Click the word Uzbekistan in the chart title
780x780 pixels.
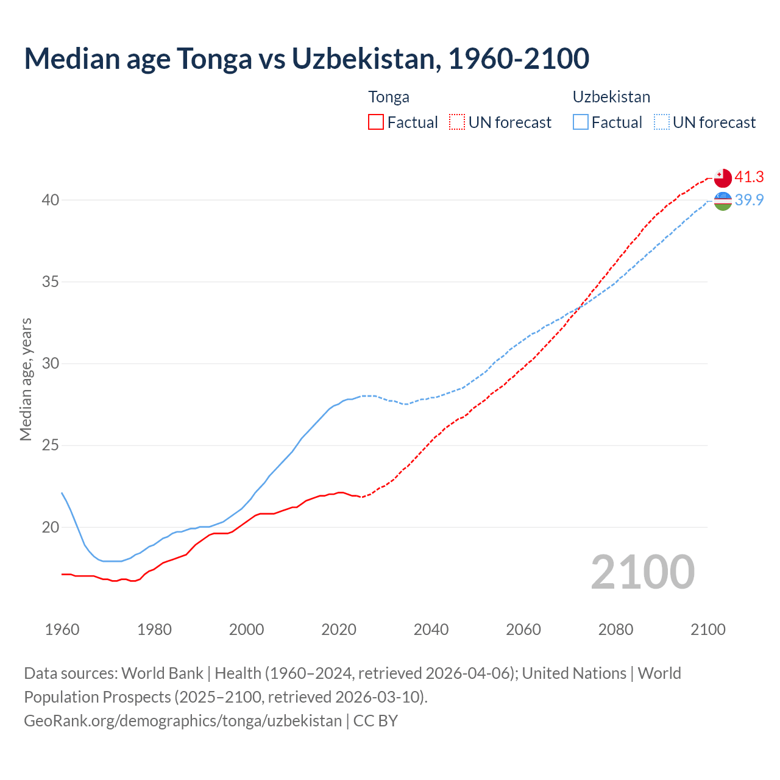tap(363, 58)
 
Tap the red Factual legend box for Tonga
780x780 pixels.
tap(376, 122)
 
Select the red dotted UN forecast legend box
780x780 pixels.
tap(457, 122)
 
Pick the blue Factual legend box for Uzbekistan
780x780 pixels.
tap(581, 122)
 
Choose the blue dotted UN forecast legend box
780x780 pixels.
tap(662, 122)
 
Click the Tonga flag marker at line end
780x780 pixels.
tap(723, 177)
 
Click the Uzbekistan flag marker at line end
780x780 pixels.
tap(723, 200)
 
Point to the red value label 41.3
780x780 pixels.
tap(749, 177)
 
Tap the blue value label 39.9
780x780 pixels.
tap(749, 200)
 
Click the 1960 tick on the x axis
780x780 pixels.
tap(62, 629)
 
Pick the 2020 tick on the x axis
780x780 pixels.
tap(339, 629)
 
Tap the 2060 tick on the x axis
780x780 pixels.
tap(523, 629)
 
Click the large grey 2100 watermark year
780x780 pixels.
tap(642, 572)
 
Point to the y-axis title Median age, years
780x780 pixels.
tap(26, 379)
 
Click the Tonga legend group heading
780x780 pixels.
tap(389, 97)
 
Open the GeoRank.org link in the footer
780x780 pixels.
tap(183, 721)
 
